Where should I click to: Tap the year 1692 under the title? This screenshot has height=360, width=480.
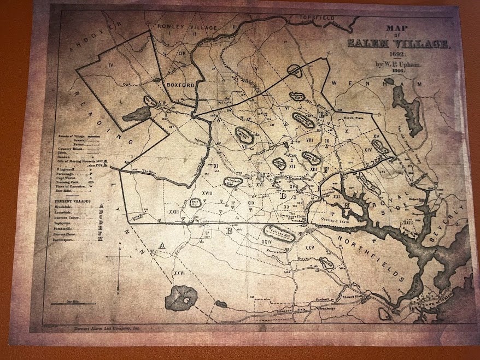[x=397, y=55]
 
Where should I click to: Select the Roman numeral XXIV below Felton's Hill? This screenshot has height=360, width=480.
[x=267, y=241]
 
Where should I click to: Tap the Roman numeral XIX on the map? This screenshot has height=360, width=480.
[x=250, y=203]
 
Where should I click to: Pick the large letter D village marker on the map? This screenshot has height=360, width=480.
[x=283, y=195]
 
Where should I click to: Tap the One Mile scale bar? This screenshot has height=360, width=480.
[x=73, y=302]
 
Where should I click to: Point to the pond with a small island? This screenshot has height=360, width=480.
[x=183, y=297]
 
